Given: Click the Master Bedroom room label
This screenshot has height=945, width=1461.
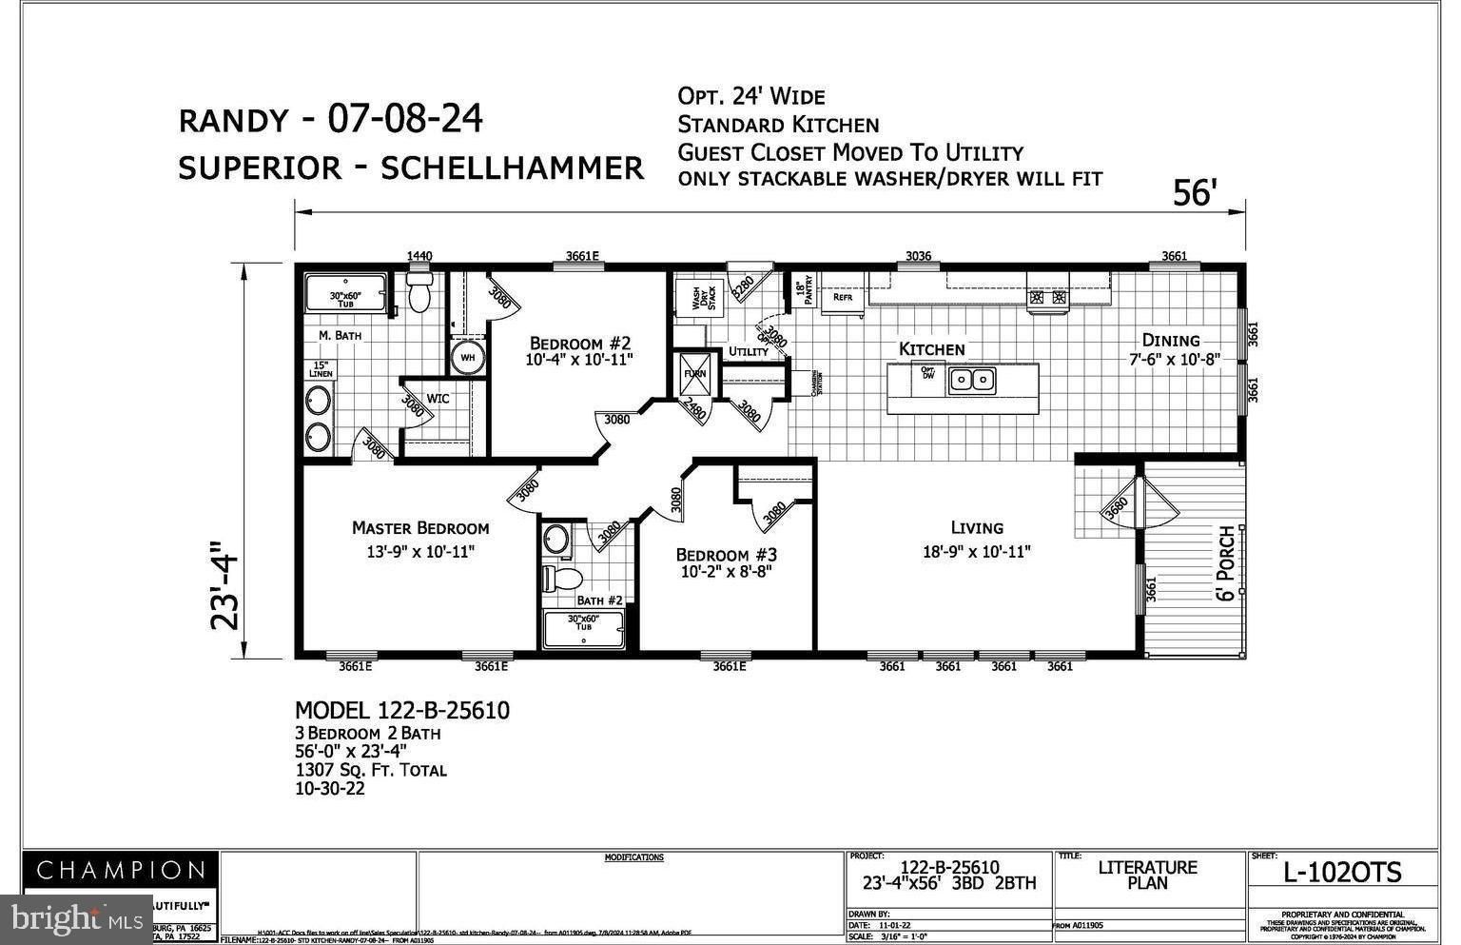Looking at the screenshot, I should pyautogui.click(x=420, y=528).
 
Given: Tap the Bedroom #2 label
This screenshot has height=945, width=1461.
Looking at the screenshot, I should pyautogui.click(x=580, y=344).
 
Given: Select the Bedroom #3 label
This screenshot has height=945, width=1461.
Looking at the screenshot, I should pyautogui.click(x=727, y=555).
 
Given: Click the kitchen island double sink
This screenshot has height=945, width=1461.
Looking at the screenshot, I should pyautogui.click(x=973, y=380).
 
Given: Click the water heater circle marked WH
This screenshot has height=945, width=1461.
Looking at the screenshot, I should pyautogui.click(x=468, y=358).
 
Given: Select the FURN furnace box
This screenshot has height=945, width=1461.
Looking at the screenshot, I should pyautogui.click(x=695, y=374).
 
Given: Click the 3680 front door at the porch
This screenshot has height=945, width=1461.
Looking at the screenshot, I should pyautogui.click(x=1119, y=505).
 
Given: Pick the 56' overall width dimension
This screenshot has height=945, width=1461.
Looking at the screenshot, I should pyautogui.click(x=1195, y=193).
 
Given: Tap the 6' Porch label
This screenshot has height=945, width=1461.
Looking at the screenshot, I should pyautogui.click(x=1226, y=562).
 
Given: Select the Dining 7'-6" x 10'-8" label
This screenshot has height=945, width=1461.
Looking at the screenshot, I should pyautogui.click(x=1171, y=341).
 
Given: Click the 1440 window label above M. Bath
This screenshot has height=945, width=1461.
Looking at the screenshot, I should pyautogui.click(x=419, y=255).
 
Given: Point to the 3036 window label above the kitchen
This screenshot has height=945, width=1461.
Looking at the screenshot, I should pyautogui.click(x=918, y=255).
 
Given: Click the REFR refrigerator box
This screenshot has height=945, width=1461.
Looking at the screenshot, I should pyautogui.click(x=843, y=296).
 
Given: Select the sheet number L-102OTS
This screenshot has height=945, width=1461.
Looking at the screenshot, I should pyautogui.click(x=1342, y=872).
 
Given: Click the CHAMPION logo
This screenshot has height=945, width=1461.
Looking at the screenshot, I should pyautogui.click(x=121, y=870).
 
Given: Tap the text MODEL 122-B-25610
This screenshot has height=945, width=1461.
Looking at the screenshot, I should pyautogui.click(x=402, y=711).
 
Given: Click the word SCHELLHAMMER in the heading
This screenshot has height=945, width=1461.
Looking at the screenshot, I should pyautogui.click(x=512, y=168).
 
